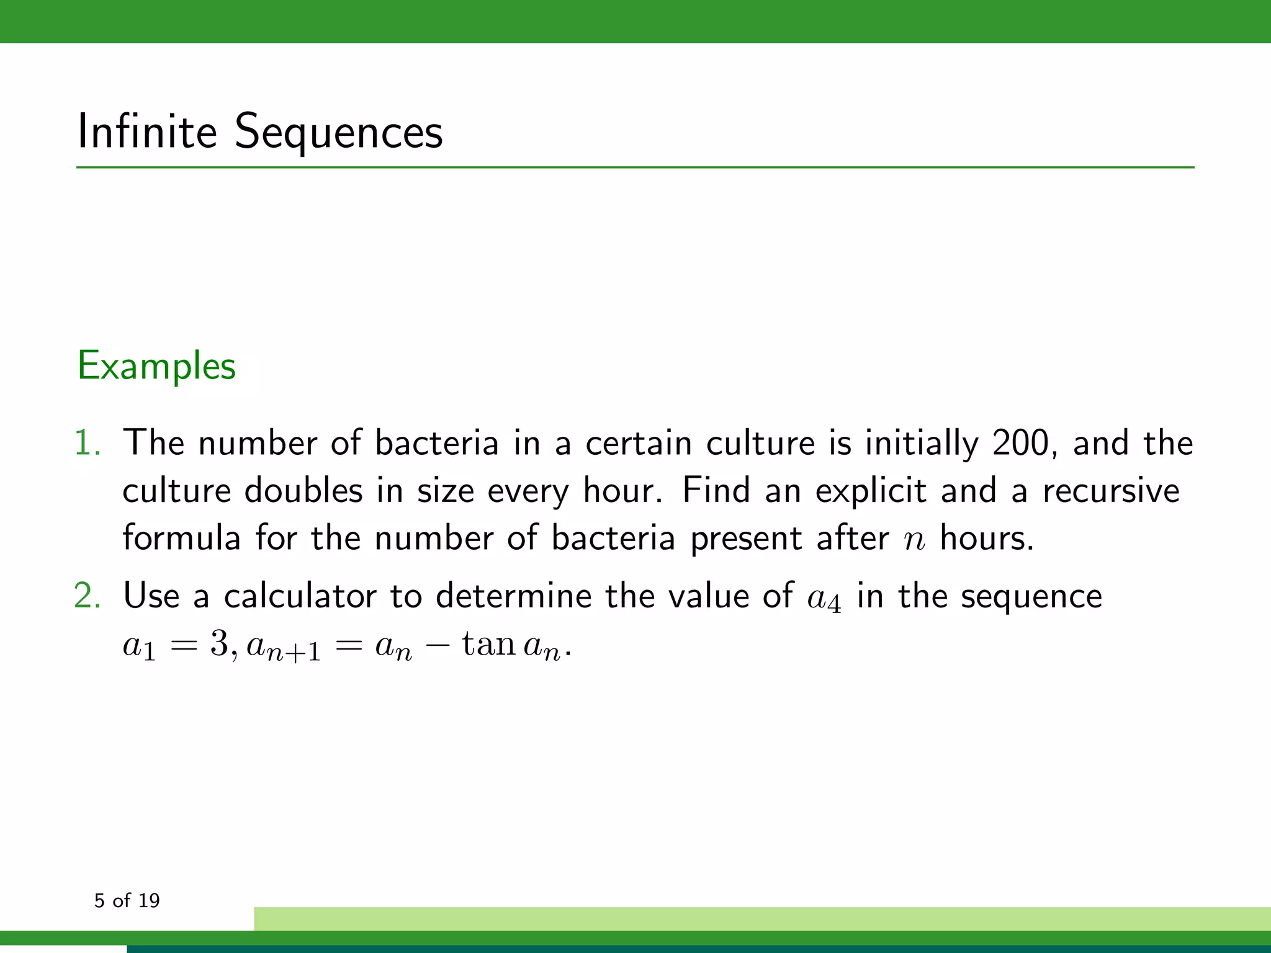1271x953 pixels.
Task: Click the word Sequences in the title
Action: [339, 132]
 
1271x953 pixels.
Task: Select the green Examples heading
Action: [156, 365]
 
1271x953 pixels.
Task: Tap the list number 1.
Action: [86, 443]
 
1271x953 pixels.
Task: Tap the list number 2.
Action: [86, 596]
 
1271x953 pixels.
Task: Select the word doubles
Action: [303, 491]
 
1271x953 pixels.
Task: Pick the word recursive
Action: [1111, 491]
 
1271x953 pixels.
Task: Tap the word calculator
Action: [300, 596]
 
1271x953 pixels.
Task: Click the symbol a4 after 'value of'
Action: [824, 598]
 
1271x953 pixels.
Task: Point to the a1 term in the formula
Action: [139, 647]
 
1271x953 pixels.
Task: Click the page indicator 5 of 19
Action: [127, 900]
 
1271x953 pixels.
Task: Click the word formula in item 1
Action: [181, 538]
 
